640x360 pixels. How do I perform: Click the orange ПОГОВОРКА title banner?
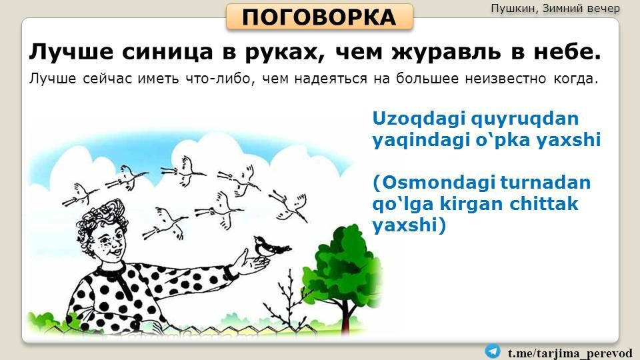coord(319,17)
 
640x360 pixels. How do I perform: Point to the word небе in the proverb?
coord(567,52)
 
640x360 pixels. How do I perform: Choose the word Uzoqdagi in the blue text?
coord(419,119)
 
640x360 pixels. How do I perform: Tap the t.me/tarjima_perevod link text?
coord(570,353)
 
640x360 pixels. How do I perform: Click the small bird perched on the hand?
coord(270,247)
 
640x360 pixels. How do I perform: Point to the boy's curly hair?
coord(97,219)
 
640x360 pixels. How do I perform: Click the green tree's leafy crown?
coord(344,265)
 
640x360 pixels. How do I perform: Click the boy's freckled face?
coord(109,241)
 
